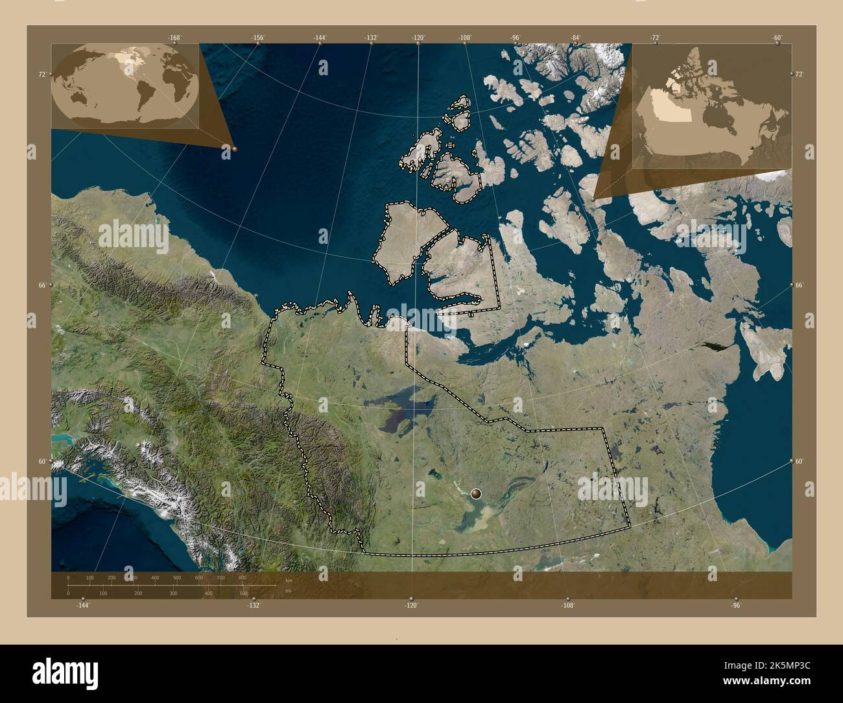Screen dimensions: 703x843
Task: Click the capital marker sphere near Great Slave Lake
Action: (x=477, y=494)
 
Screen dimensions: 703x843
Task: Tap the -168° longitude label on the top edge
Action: (x=174, y=38)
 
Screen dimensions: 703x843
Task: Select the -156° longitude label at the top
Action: (x=258, y=38)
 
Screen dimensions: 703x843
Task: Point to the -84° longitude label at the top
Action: (x=575, y=38)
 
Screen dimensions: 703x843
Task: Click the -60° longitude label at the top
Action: (x=778, y=38)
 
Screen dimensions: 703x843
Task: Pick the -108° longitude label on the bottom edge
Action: (x=567, y=605)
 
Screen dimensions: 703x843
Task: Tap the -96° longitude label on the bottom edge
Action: (x=736, y=605)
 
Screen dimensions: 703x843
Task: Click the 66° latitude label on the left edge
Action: (x=42, y=285)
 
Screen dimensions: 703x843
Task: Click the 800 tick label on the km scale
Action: (x=243, y=577)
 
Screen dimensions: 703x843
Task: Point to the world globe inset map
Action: (x=125, y=85)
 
